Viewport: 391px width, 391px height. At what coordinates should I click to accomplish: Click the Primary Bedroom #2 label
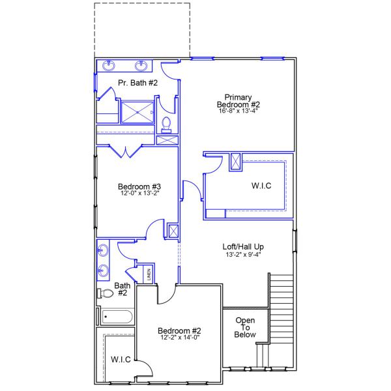point(238,100)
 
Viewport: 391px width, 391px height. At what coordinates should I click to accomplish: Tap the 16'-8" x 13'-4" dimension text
point(238,111)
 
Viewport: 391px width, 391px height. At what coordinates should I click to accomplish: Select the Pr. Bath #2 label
point(138,83)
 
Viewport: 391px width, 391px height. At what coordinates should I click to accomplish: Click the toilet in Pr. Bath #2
point(167,123)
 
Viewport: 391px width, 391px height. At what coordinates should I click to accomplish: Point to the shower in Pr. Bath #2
point(138,111)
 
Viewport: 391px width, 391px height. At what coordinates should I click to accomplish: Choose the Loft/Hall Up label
point(243,246)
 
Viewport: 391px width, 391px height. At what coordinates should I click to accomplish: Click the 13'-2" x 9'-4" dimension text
point(243,255)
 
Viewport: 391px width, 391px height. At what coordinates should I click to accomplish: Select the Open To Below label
point(245,327)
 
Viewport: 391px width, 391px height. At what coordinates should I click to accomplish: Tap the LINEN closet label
point(149,274)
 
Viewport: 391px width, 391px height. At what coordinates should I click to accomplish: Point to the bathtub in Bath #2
point(116,317)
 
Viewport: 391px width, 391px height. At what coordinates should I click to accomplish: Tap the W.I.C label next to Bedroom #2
point(121,360)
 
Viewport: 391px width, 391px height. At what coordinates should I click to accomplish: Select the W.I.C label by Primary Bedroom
point(261,186)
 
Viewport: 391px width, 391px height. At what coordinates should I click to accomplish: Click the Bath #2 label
point(122,289)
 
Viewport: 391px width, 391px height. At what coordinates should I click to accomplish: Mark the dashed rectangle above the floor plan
point(142,29)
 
